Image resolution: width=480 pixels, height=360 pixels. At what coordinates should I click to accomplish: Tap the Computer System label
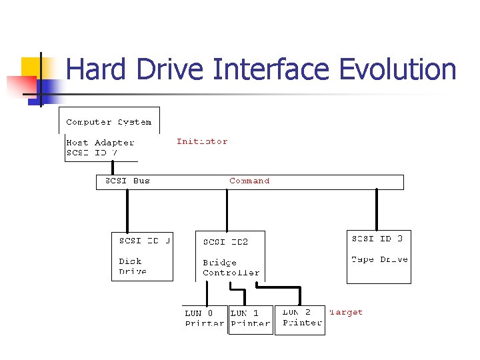pyautogui.click(x=109, y=122)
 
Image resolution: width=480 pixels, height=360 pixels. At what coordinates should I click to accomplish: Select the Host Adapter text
pyautogui.click(x=100, y=142)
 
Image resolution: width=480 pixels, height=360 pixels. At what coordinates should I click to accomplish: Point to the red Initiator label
pyautogui.click(x=202, y=141)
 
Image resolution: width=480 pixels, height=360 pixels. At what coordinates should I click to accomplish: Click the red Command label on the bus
pyautogui.click(x=249, y=181)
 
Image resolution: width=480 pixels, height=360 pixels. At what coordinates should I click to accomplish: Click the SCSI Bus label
pyautogui.click(x=127, y=181)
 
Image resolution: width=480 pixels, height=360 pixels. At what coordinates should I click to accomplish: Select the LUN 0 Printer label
pyautogui.click(x=204, y=318)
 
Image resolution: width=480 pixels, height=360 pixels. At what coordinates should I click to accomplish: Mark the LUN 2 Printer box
pyautogui.click(x=300, y=317)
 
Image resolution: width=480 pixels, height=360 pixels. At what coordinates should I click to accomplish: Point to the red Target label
pyautogui.click(x=346, y=312)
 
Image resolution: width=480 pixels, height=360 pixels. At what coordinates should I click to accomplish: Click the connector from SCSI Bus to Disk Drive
pyautogui.click(x=127, y=210)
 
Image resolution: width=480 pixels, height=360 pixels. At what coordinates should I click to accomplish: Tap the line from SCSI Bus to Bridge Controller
pyautogui.click(x=227, y=210)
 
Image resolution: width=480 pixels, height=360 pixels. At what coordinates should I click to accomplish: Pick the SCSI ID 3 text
pyautogui.click(x=377, y=239)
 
